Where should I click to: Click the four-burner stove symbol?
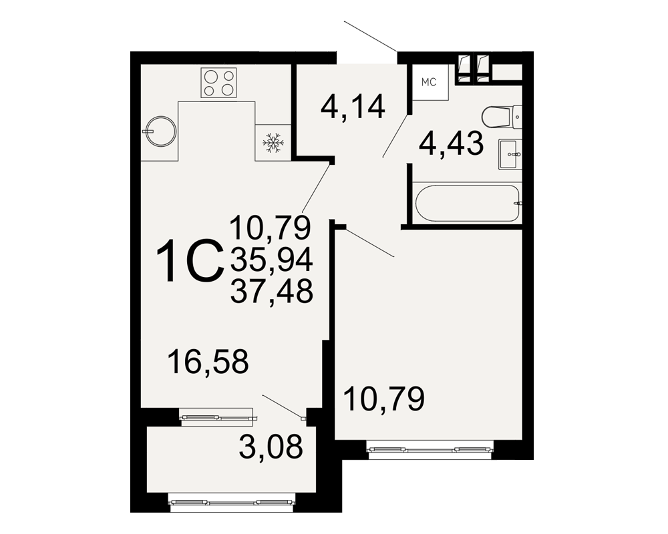click(218, 83)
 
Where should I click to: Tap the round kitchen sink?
click(160, 131)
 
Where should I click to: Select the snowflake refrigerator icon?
click(273, 143)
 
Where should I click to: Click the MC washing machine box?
click(430, 82)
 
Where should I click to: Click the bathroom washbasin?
click(510, 155)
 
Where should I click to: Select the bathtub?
click(468, 203)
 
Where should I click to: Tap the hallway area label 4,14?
click(353, 107)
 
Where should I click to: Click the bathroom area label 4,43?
click(451, 144)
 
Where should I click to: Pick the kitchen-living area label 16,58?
click(208, 362)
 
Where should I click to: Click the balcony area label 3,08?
click(271, 447)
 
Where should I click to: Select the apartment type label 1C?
click(190, 260)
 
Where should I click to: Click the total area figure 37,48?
click(272, 291)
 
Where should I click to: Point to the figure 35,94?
click(272, 260)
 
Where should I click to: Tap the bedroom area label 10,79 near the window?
click(384, 399)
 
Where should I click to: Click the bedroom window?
click(430, 450)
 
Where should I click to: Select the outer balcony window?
click(232, 503)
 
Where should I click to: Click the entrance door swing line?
click(370, 36)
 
